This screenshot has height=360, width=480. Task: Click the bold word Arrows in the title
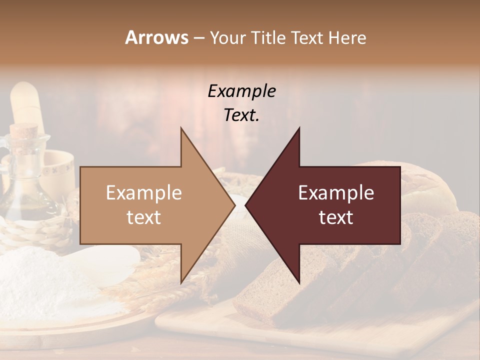pyautogui.click(x=156, y=37)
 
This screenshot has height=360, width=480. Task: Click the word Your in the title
pyautogui.click(x=228, y=37)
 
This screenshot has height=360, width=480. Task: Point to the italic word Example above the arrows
pyautogui.click(x=241, y=91)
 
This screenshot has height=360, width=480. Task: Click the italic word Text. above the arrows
pyautogui.click(x=241, y=115)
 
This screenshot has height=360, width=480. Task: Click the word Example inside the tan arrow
pyautogui.click(x=144, y=193)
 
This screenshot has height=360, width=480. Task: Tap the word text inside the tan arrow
pyautogui.click(x=144, y=217)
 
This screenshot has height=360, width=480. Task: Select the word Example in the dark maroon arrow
pyautogui.click(x=336, y=193)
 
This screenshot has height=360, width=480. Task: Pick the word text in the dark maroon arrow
pyautogui.click(x=336, y=217)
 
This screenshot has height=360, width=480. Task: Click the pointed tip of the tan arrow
pyautogui.click(x=233, y=205)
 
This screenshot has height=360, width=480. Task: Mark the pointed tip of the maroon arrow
pyautogui.click(x=247, y=205)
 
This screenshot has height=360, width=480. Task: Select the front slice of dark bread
pyautogui.click(x=260, y=295)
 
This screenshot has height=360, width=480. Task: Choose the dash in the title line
pyautogui.click(x=198, y=38)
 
